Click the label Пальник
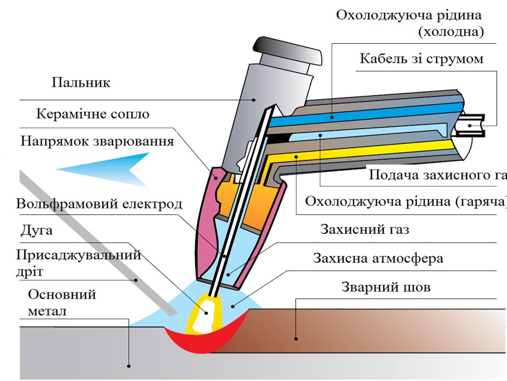click(81, 83)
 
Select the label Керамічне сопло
click(92, 114)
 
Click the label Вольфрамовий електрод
click(99, 204)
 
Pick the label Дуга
click(36, 231)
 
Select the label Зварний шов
click(386, 287)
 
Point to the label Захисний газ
click(365, 230)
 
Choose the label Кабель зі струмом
click(421, 58)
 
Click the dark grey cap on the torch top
click(288, 52)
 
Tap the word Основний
click(62, 294)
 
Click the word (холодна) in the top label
click(450, 32)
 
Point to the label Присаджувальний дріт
click(78, 263)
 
